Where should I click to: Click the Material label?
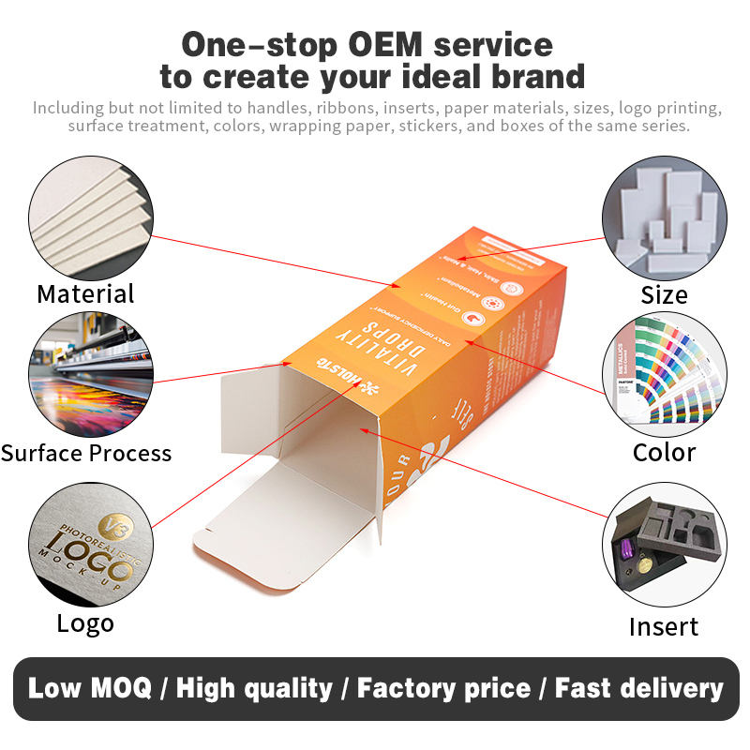point(85,293)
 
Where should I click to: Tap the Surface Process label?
point(85,453)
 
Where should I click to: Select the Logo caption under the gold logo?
point(85,623)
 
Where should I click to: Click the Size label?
point(664,295)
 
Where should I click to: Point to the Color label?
point(664,452)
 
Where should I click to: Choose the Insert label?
point(664,626)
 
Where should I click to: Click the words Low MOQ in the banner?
point(89,689)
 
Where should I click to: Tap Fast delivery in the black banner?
point(639,689)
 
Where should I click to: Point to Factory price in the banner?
point(443,689)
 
